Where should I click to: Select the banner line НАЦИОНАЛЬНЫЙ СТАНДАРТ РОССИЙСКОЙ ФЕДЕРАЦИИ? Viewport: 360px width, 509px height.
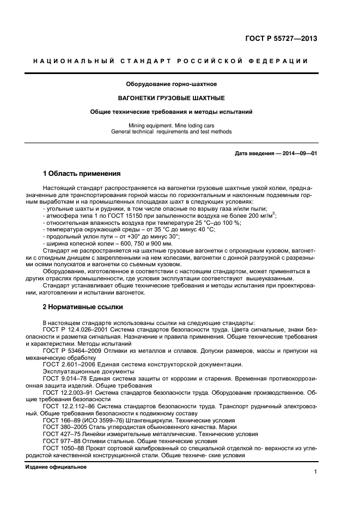point(171,61)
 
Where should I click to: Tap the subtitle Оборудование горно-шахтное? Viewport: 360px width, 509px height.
point(171,84)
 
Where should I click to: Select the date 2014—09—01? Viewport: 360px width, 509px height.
point(298,154)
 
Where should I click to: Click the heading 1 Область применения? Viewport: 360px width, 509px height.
point(81,174)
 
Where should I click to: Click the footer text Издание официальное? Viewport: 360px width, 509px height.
point(56,467)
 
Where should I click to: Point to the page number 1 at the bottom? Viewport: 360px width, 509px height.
point(315,472)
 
